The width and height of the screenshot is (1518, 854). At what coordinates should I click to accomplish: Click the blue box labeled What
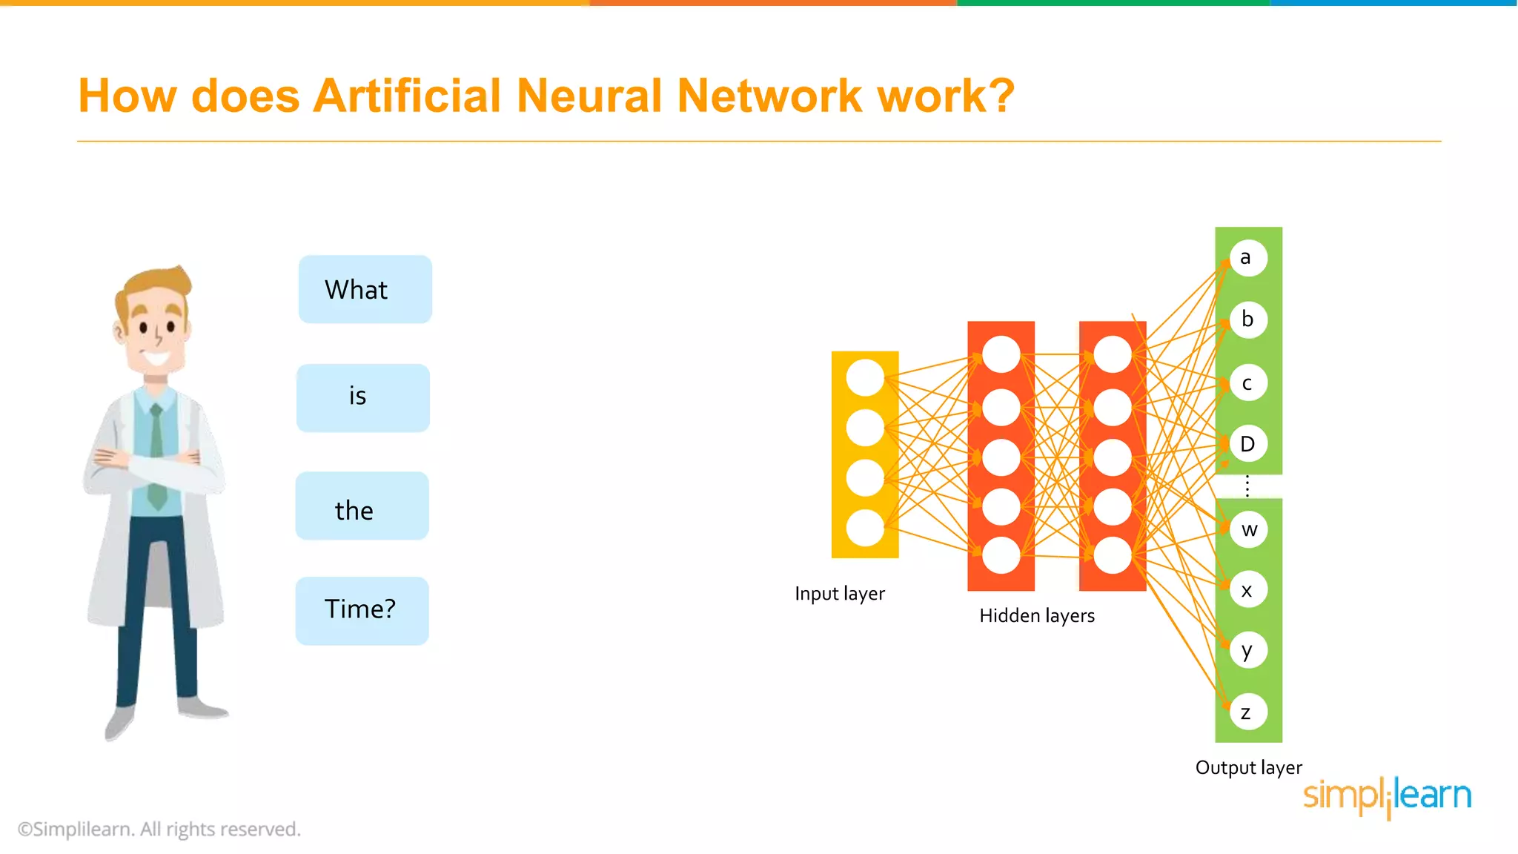tap(365, 289)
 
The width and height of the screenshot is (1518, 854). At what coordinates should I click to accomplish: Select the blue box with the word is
tap(362, 397)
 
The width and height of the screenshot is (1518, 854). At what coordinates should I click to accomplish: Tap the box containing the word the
tap(362, 506)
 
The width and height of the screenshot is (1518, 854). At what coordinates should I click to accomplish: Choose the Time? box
tap(362, 610)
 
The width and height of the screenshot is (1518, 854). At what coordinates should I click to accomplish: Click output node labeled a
tap(1247, 258)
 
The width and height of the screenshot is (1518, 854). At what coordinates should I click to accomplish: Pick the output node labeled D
tap(1248, 443)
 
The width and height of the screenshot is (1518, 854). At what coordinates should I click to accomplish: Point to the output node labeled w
tap(1249, 529)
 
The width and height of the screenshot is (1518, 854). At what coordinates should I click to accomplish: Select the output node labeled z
tap(1247, 712)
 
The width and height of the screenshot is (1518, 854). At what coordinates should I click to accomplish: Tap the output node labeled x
tap(1248, 590)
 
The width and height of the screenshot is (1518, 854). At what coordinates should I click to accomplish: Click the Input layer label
tap(839, 594)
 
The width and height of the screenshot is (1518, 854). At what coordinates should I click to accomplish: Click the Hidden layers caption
tap(1036, 616)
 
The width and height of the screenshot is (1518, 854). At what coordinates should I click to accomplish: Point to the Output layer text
tap(1248, 768)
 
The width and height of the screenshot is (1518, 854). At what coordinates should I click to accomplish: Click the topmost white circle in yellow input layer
tap(864, 377)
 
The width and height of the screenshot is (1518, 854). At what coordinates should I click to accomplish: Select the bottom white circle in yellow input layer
tap(864, 528)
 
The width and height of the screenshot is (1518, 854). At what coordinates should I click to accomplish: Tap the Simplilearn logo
tap(1387, 796)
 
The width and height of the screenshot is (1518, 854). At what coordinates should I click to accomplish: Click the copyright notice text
tap(159, 830)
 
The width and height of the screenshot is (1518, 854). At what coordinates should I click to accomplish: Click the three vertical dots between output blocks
tap(1247, 486)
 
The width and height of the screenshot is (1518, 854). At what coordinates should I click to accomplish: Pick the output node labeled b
tap(1248, 320)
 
